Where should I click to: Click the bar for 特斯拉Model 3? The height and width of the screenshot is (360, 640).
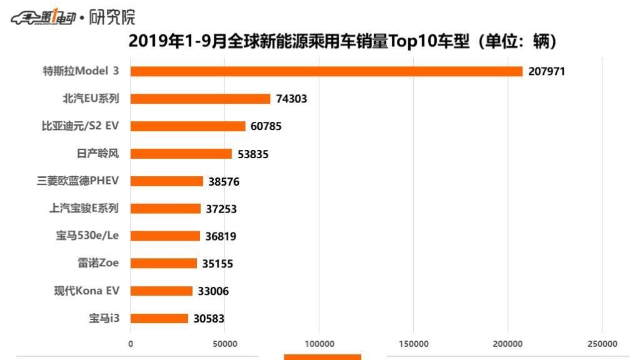coord(326,71)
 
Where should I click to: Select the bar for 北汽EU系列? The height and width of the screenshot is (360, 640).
coord(200,99)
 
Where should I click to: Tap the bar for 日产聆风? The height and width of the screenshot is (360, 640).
coord(181,154)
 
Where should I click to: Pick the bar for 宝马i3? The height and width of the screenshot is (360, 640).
coord(159,319)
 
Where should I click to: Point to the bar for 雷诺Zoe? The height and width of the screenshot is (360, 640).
coord(163,264)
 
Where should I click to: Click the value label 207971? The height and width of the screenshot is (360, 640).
coord(546,71)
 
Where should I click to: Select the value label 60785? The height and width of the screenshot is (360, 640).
coord(266,126)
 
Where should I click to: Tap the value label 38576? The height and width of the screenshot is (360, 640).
coord(224,181)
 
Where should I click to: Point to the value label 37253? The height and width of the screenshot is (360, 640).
coord(221,209)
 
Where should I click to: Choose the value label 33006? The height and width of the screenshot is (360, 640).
coord(213,291)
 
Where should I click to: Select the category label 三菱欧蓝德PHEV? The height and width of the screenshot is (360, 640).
coord(78,181)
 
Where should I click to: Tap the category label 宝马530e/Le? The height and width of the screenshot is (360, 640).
coord(87,236)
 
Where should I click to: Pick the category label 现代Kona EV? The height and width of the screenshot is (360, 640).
coord(86,291)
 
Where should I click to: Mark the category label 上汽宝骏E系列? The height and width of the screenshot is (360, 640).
coord(84,208)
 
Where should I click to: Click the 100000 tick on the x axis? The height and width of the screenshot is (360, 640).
coord(319,344)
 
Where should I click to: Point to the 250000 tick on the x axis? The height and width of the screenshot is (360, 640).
coord(602,344)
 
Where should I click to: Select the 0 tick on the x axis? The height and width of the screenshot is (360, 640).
coord(131,344)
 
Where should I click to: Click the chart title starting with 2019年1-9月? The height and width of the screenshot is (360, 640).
coord(342,41)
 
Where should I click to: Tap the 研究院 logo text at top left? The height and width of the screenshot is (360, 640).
coord(112,17)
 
